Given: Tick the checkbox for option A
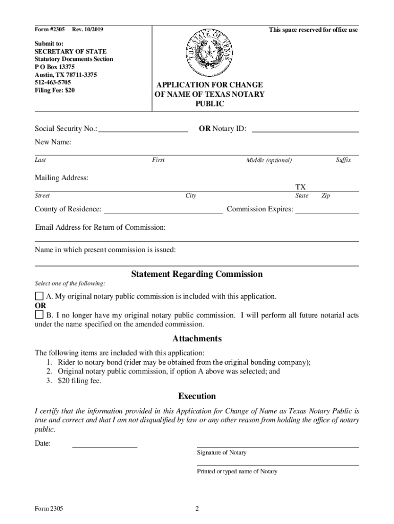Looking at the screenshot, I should [x=39, y=296].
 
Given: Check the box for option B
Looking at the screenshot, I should [x=39, y=315].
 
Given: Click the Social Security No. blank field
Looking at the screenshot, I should [x=143, y=129].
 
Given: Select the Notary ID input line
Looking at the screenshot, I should [x=305, y=129].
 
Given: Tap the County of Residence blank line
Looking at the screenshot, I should [x=163, y=209].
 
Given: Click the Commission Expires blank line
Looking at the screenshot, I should [x=327, y=209].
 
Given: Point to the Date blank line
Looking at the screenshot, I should [x=104, y=444].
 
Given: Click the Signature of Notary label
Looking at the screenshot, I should [x=222, y=453].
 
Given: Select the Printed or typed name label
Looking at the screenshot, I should [x=237, y=471].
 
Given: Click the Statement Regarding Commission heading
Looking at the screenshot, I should [x=197, y=274].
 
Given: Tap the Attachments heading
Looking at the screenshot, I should [x=197, y=339].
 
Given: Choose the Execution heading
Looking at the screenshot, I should [x=197, y=396].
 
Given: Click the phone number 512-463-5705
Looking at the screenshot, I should [x=53, y=82].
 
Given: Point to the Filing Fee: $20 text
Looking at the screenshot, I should [x=55, y=90].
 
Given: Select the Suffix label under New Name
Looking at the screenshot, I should [x=343, y=160].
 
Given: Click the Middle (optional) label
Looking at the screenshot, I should [x=269, y=161].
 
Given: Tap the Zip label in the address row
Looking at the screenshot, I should [x=325, y=196].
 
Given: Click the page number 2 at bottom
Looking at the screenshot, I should [x=196, y=509].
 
